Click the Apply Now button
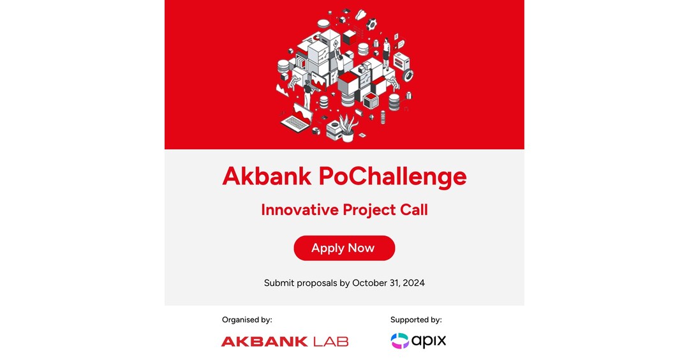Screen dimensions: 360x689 (x=344, y=248)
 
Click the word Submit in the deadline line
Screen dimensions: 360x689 (x=279, y=283)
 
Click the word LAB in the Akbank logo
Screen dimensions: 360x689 (x=330, y=341)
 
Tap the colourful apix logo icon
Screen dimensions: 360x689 (x=400, y=341)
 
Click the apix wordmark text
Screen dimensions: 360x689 (x=429, y=341)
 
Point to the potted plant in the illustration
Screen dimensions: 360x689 (x=348, y=127)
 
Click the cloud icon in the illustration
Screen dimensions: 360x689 (x=361, y=14)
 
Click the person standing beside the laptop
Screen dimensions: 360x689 (x=308, y=94)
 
